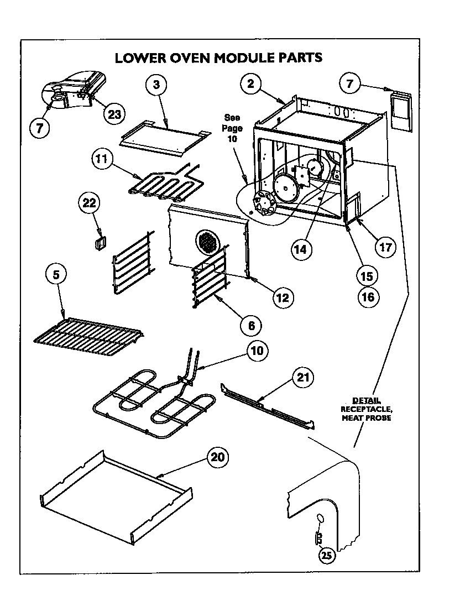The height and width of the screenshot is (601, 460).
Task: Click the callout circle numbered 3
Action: [x=156, y=85]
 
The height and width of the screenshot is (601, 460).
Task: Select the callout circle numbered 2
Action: [x=251, y=84]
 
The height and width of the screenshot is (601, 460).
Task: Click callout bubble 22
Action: [x=90, y=202]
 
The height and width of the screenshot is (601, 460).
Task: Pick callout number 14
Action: [x=300, y=249]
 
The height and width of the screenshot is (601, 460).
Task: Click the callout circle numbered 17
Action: [x=386, y=247]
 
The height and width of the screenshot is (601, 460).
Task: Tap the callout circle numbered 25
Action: [x=326, y=556]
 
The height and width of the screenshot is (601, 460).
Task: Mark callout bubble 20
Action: [x=218, y=457]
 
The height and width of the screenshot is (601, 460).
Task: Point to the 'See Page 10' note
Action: [x=233, y=128]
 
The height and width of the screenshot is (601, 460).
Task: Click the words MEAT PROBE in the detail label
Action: [x=366, y=418]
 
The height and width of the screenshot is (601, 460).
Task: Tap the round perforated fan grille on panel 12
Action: [x=207, y=242]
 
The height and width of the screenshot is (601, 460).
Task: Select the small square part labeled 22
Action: [x=100, y=243]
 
